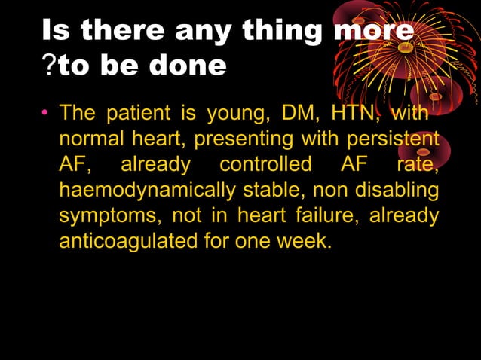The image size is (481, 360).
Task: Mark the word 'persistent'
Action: pyautogui.click(x=392, y=140)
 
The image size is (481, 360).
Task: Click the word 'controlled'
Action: pyautogui.click(x=265, y=165)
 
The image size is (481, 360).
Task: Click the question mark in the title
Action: pyautogui.click(x=47, y=66)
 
